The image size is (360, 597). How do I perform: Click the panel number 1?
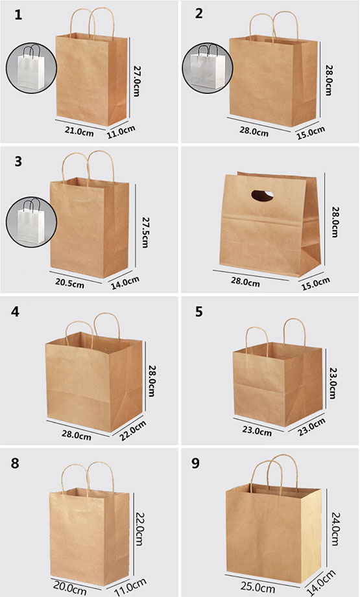pos(18,15)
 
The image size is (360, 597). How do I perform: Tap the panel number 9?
pos(195,463)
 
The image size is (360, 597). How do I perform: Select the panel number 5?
pos(199,312)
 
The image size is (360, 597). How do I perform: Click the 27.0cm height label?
pos(136,80)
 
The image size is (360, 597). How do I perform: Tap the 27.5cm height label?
pos(145,232)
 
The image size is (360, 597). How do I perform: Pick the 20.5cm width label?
pos(69,283)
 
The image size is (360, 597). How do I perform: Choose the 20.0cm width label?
pos(69,588)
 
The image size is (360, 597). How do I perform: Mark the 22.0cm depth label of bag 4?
pos(133,430)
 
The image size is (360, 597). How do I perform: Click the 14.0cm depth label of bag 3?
pos(125,283)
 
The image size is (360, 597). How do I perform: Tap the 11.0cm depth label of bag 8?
pos(130,587)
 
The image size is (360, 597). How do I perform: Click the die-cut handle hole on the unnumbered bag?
pos(262,195)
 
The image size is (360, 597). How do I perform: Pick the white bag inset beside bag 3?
pos(31,222)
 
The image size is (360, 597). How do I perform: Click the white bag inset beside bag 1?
pos(31,69)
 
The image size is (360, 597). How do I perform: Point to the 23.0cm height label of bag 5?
pos(332,382)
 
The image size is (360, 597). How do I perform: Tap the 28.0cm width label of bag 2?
pos(254,132)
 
